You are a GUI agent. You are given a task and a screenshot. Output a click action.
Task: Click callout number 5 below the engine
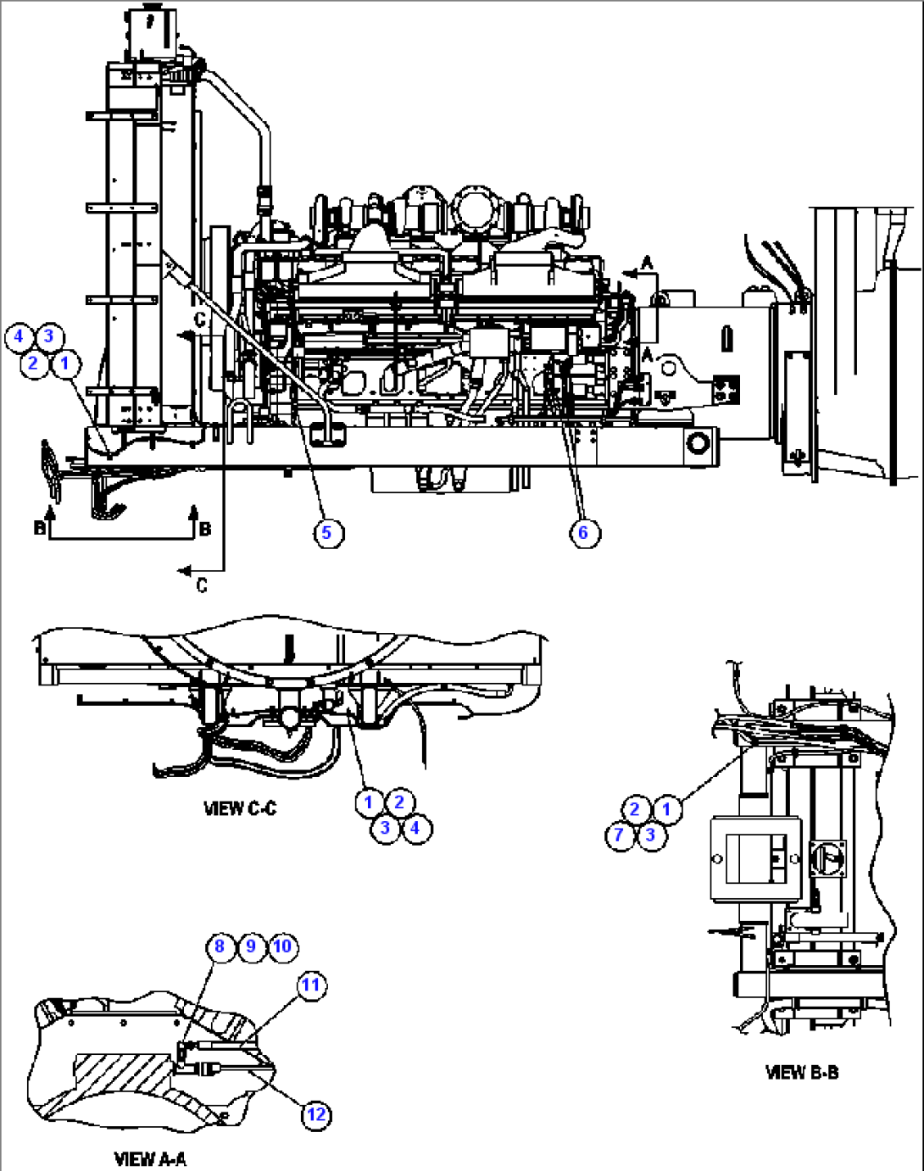click(x=327, y=533)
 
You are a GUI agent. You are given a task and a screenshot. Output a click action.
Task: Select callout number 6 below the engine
click(x=583, y=533)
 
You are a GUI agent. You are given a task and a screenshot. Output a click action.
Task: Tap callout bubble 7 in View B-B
click(x=620, y=835)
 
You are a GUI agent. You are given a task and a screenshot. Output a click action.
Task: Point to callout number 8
click(x=220, y=946)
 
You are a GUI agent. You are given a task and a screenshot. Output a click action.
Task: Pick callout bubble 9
click(x=251, y=946)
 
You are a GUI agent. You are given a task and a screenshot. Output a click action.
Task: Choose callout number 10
click(x=282, y=946)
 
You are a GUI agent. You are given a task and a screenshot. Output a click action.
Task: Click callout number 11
click(x=311, y=985)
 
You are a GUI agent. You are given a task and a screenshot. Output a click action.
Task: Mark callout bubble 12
click(x=315, y=1114)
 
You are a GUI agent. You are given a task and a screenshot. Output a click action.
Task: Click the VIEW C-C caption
click(x=240, y=808)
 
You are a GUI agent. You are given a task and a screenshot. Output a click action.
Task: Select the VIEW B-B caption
click(x=801, y=1073)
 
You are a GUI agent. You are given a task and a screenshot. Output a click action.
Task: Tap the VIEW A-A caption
click(x=150, y=1158)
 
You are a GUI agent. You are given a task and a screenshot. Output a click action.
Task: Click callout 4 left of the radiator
click(x=19, y=336)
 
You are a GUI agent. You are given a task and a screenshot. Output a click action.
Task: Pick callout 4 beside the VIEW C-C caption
click(x=415, y=828)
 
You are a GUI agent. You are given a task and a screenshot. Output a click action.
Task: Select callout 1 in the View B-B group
click(x=666, y=809)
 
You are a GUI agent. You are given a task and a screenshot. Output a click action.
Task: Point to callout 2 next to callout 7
click(x=635, y=809)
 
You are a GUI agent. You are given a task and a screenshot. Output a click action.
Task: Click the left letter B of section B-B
click(x=39, y=529)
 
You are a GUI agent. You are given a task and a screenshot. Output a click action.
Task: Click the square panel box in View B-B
click(x=755, y=858)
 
